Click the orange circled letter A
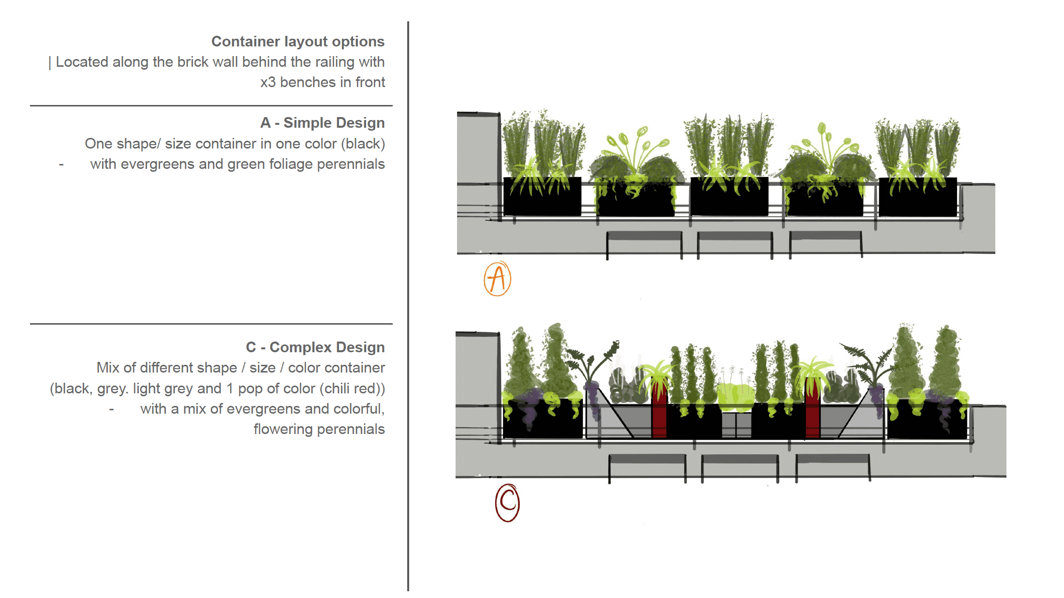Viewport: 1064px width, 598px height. [x=497, y=279]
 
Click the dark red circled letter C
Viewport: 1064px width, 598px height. [x=507, y=503]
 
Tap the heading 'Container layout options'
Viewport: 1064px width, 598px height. [x=297, y=42]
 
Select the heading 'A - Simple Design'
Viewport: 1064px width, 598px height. [x=322, y=123]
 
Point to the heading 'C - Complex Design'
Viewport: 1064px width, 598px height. [x=315, y=347]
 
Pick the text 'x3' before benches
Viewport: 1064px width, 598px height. [x=268, y=82]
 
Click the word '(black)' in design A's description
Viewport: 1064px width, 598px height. [x=363, y=144]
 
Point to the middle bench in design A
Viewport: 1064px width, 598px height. [x=735, y=237]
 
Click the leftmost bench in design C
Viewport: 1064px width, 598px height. [x=647, y=460]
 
